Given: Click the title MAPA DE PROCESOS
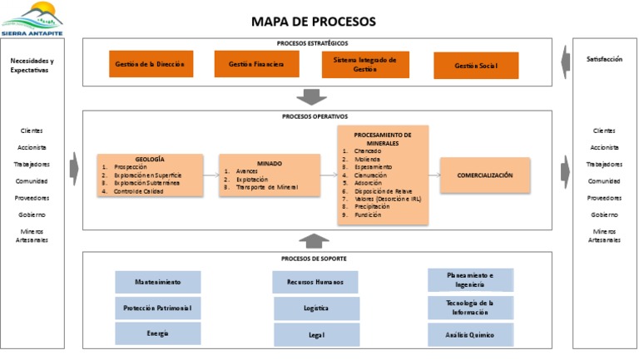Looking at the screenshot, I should (313, 22).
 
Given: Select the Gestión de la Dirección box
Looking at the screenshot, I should (149, 63).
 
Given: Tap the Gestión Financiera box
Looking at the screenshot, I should (256, 63).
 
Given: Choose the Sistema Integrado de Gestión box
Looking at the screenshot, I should (365, 65).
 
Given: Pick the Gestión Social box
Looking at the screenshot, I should (476, 66).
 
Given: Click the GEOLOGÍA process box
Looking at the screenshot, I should (150, 175).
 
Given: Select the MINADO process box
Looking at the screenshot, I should (269, 175).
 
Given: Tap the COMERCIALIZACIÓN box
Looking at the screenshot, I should (484, 175).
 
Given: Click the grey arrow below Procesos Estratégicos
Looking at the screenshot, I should (313, 96).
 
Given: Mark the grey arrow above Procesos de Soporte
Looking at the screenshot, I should (313, 241).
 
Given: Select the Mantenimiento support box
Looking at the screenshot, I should (157, 282).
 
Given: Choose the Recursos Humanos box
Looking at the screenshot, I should (316, 282).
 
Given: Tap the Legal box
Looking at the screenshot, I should (316, 335).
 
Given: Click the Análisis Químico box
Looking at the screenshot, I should (470, 335).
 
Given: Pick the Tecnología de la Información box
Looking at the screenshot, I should (470, 308).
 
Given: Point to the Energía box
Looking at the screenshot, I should (157, 333).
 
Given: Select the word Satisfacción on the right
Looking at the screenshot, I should (604, 60).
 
